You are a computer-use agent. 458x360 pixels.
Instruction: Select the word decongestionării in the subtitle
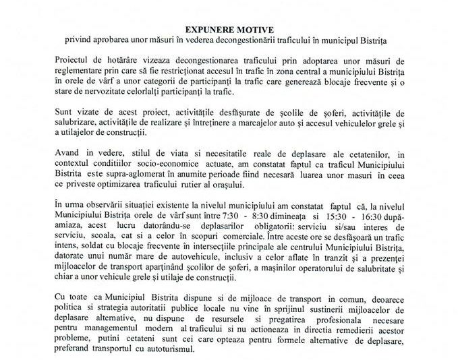276,40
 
